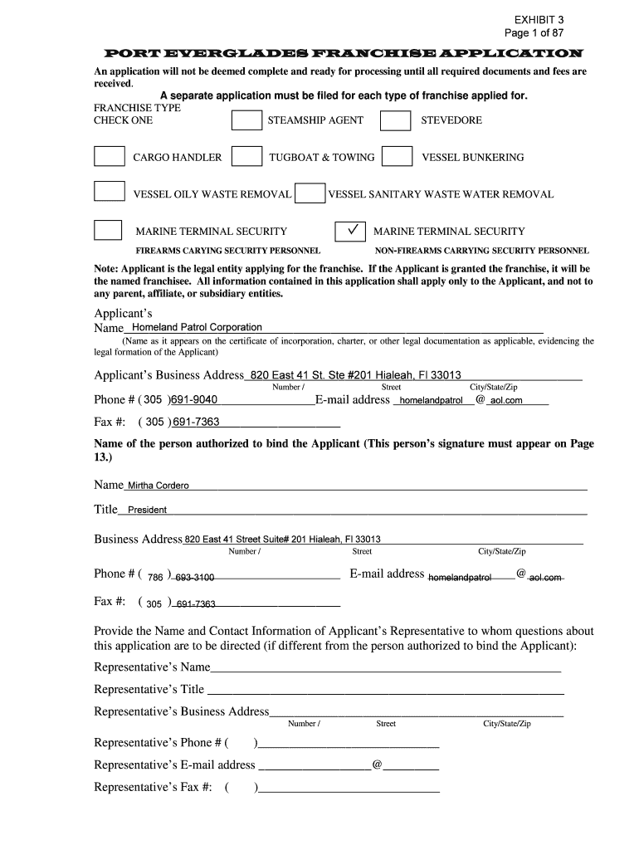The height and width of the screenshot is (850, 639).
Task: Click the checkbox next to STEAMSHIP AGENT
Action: (x=246, y=121)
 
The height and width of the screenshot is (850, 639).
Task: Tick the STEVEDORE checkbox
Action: (x=395, y=121)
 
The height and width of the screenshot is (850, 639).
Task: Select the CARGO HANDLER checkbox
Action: (x=109, y=157)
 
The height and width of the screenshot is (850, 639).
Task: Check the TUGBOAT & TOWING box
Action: (x=246, y=157)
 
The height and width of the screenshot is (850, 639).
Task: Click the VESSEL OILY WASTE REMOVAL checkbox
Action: (x=109, y=193)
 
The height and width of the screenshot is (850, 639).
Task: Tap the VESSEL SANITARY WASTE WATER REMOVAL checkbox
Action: (x=310, y=193)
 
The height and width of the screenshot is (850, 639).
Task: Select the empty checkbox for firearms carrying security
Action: (x=109, y=231)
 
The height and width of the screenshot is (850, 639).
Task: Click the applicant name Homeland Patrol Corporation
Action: (x=192, y=327)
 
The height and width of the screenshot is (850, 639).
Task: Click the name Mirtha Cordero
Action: (x=158, y=486)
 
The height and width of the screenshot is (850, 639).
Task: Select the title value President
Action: (x=147, y=510)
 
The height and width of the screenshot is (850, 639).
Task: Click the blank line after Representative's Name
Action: (x=386, y=668)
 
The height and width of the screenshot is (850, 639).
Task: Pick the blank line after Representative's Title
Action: (x=385, y=690)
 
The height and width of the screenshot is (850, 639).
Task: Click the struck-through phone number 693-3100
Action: (x=195, y=577)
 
